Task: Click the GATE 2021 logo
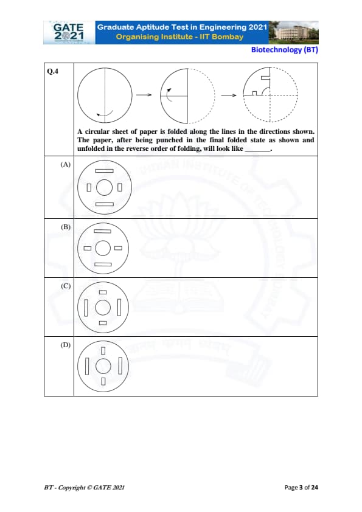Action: [69, 32]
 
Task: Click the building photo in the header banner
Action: [293, 32]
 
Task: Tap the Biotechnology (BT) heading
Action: [284, 50]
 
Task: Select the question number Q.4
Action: [52, 71]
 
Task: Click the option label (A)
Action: [65, 164]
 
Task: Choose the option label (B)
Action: [65, 227]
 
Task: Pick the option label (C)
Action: [65, 286]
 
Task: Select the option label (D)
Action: [65, 345]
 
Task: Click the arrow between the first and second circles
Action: [144, 95]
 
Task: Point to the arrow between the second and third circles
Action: [228, 95]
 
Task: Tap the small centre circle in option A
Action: [105, 187]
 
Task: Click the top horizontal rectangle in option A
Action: [105, 171]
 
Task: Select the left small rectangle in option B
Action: [88, 248]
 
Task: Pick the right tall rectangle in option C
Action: [119, 307]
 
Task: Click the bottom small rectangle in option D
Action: [103, 381]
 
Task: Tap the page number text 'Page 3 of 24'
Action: [301, 488]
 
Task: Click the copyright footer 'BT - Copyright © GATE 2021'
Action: [85, 488]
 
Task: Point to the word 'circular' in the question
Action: [97, 131]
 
